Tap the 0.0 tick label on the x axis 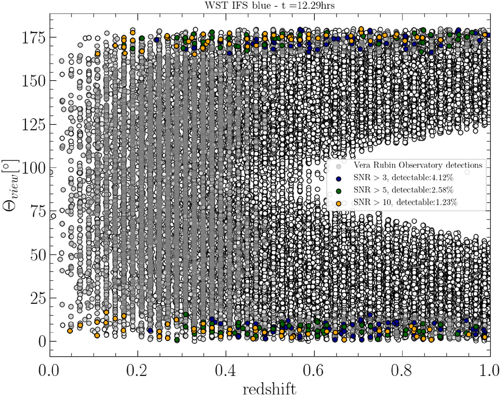50,370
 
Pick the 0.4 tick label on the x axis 226,370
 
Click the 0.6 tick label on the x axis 314,370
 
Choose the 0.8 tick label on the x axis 402,370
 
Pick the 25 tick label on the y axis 37,298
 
